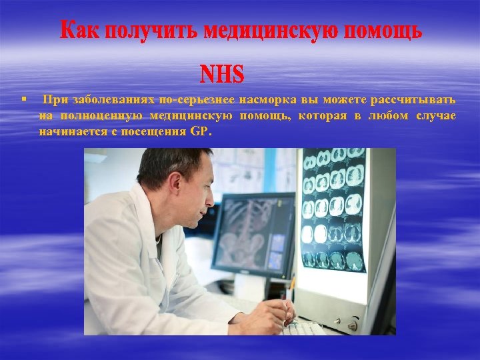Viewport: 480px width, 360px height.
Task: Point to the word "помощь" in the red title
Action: pyautogui.click(x=380, y=31)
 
